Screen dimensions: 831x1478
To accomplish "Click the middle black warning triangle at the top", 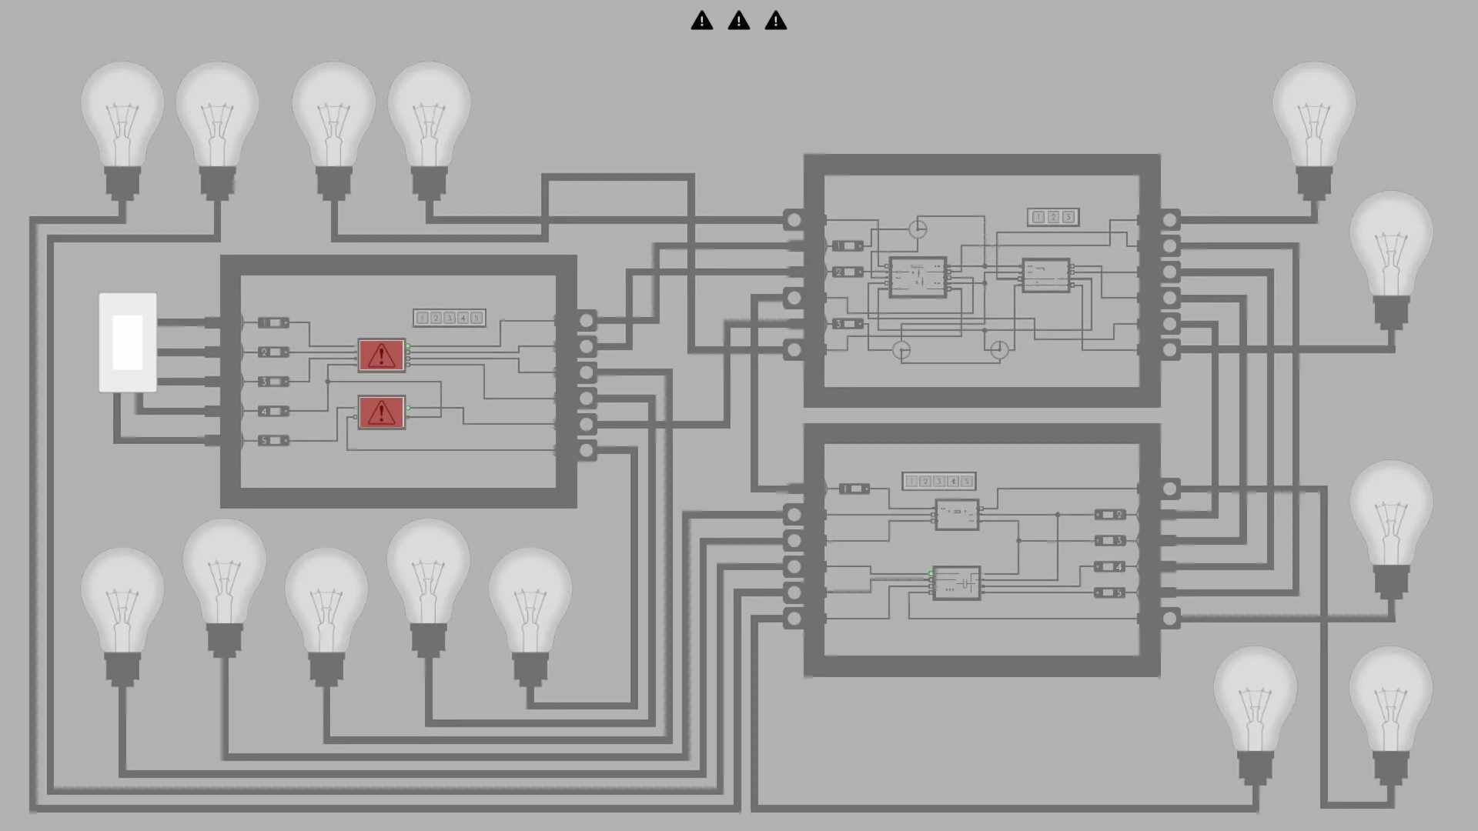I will click(x=738, y=21).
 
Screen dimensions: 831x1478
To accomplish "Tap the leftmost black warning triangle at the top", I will click(x=701, y=21).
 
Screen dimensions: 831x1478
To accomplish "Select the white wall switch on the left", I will click(x=128, y=342).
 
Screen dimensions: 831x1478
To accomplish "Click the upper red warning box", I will click(x=381, y=355).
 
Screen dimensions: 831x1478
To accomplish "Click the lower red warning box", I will click(x=381, y=412).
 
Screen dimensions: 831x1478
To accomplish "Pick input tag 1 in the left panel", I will click(x=273, y=322).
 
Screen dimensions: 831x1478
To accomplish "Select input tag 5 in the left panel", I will click(x=273, y=440).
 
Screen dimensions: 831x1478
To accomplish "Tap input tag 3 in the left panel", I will click(x=273, y=382).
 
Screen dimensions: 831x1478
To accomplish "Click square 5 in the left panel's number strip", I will click(x=477, y=318).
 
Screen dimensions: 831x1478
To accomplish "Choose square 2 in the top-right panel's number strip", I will click(x=1053, y=217).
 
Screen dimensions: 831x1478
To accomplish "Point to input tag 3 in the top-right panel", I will click(x=847, y=324).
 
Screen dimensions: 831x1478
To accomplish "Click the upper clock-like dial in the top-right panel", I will click(x=918, y=229).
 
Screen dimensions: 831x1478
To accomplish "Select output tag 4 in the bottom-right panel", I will click(x=1109, y=567).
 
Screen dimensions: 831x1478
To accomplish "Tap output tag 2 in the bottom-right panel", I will click(x=1109, y=515).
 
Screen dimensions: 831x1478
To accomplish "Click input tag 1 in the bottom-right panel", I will click(x=853, y=489).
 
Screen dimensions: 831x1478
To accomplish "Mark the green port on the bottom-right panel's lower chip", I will click(x=931, y=574).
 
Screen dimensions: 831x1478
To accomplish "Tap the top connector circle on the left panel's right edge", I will click(x=587, y=320).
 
